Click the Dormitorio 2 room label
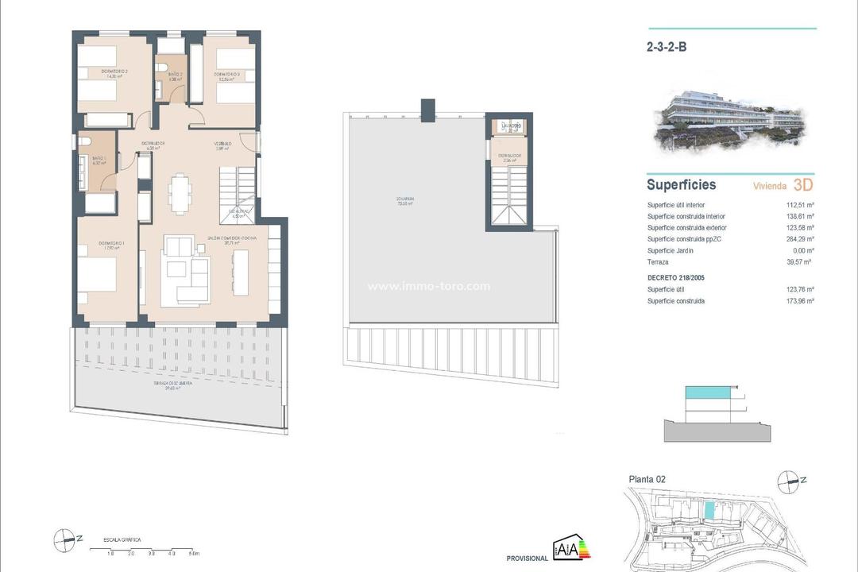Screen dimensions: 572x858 (115, 71)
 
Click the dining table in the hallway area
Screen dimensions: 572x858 (180, 191)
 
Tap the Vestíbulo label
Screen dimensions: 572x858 (222, 144)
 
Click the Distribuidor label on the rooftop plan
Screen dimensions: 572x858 (509, 157)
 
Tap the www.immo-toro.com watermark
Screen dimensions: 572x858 (429, 287)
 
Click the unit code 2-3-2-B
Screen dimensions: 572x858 (666, 47)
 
